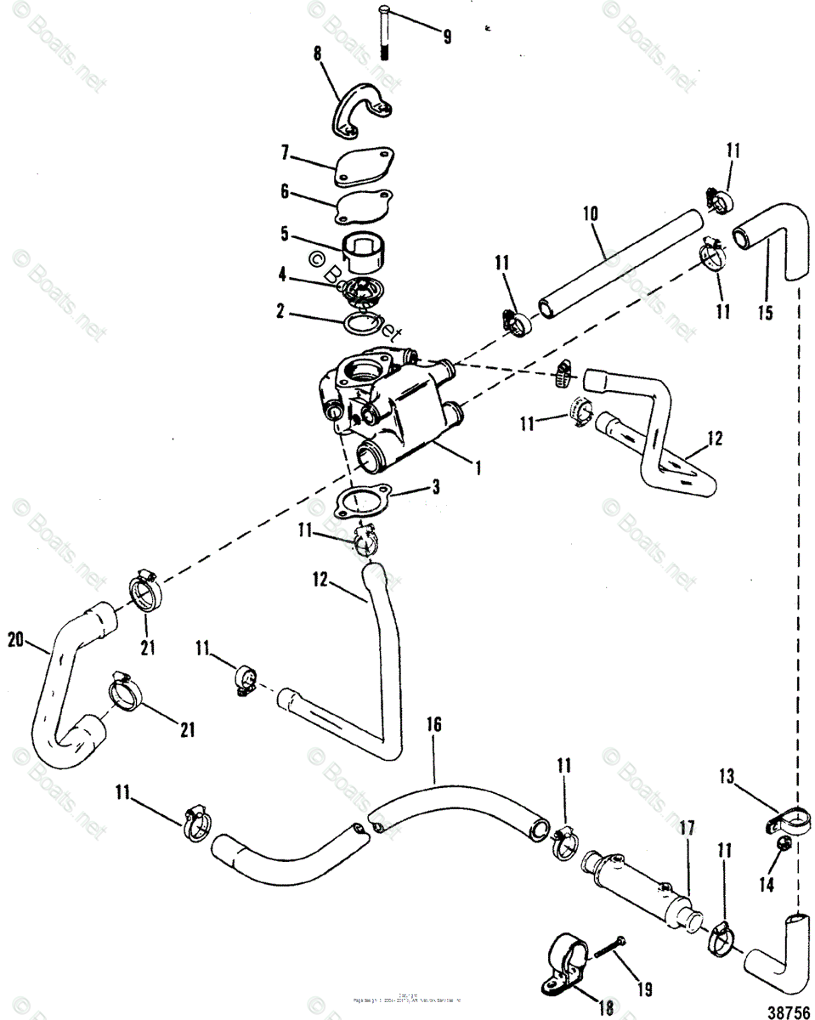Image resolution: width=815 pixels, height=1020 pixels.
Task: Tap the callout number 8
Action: coord(318,54)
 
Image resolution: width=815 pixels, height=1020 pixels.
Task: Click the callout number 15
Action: coord(766,313)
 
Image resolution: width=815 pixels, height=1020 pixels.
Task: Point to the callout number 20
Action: coord(15,637)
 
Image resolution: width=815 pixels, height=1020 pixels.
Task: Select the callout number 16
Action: coord(433,725)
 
